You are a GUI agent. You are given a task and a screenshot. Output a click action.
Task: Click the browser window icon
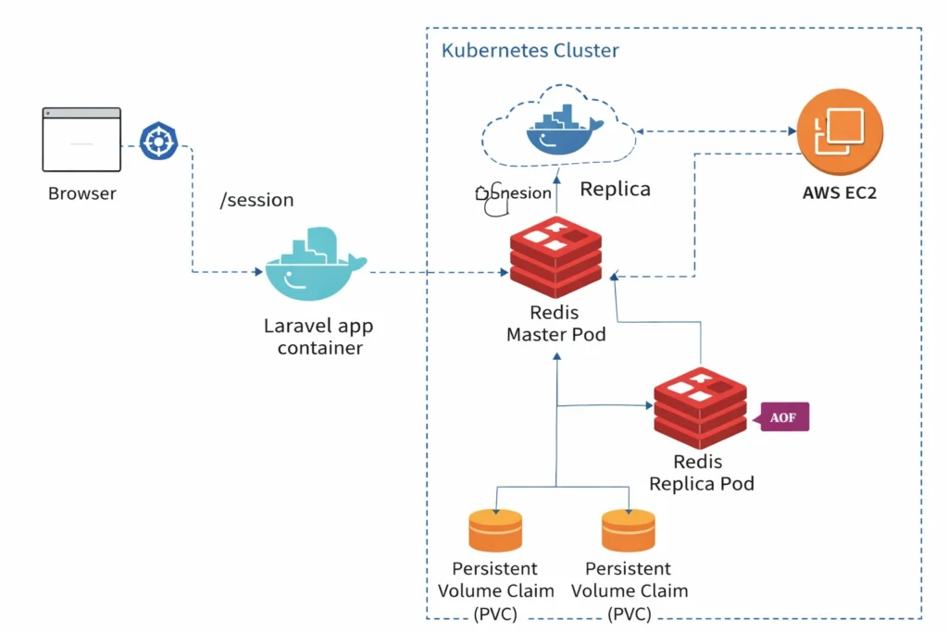tap(81, 140)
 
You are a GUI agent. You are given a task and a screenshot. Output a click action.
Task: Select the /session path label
tap(256, 200)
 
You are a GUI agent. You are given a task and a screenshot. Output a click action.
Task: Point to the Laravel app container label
tap(319, 337)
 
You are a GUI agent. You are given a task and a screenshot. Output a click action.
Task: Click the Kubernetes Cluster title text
tap(530, 50)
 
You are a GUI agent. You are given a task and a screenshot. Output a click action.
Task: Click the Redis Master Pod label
tap(555, 323)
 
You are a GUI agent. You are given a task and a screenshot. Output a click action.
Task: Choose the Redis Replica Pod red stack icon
tap(700, 407)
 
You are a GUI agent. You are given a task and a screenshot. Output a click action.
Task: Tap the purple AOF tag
tap(783, 418)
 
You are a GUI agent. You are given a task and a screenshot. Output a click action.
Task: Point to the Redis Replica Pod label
tap(701, 472)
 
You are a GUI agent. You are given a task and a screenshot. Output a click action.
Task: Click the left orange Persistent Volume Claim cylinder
tap(496, 531)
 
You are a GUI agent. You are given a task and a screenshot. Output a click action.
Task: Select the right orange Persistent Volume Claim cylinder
tap(629, 531)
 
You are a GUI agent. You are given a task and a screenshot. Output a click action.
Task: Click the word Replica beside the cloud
tap(615, 190)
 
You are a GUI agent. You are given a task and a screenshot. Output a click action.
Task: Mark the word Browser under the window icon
tap(82, 194)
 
